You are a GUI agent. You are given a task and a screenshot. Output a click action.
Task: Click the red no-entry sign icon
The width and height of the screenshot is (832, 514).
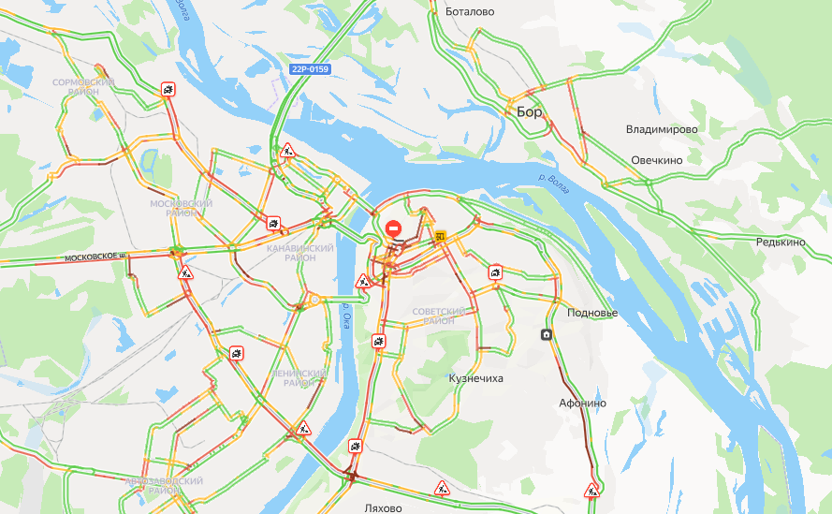(x=394, y=228)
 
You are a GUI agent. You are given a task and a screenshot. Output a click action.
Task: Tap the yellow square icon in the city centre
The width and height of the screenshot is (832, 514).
(x=440, y=237)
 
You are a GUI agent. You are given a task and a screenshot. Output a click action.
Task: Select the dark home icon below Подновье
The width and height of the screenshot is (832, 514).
(x=546, y=334)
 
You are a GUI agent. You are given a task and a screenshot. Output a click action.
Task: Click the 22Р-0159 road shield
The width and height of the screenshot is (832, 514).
(x=311, y=69)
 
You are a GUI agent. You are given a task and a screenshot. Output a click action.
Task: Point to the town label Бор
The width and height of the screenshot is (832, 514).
(x=530, y=111)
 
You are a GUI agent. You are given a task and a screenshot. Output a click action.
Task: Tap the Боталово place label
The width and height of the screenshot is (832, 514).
(x=471, y=12)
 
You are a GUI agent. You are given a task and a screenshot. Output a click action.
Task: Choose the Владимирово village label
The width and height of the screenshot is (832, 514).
(x=663, y=129)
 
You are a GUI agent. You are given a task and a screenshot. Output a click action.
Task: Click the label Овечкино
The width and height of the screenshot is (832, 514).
(x=657, y=160)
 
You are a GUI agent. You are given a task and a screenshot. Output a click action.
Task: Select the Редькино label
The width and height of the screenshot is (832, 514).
(x=781, y=242)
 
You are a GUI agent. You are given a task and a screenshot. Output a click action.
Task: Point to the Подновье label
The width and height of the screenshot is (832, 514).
(x=591, y=313)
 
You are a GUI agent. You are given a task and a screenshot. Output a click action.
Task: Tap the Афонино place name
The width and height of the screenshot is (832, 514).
(x=582, y=403)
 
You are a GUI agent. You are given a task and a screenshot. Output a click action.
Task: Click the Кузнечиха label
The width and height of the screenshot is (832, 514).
(x=476, y=378)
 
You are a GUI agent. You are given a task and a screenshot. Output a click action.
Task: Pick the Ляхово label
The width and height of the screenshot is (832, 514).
(x=383, y=508)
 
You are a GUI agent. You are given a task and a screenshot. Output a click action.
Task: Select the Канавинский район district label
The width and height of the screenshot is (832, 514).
(x=299, y=253)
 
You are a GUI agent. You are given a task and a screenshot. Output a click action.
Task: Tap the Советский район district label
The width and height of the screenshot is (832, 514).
(x=439, y=316)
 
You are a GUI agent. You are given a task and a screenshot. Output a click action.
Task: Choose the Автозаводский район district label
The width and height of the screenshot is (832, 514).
(x=164, y=485)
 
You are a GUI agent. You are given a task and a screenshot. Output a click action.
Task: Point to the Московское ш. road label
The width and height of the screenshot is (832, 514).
(x=95, y=256)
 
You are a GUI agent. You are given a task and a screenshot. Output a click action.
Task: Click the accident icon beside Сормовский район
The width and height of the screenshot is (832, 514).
(x=167, y=90)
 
